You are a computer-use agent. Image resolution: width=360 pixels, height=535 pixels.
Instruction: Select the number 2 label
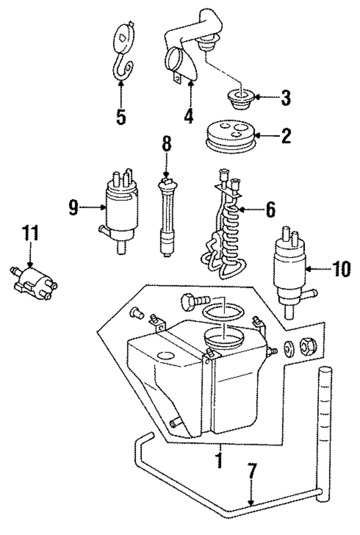coord(286,136)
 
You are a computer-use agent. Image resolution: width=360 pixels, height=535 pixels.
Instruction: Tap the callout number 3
coord(286,98)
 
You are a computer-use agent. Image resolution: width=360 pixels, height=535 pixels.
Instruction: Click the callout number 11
coord(32,233)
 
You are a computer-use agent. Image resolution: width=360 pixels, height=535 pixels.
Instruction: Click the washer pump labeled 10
coord(291,270)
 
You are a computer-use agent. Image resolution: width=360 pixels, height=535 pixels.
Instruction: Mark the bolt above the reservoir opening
coord(192,303)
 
